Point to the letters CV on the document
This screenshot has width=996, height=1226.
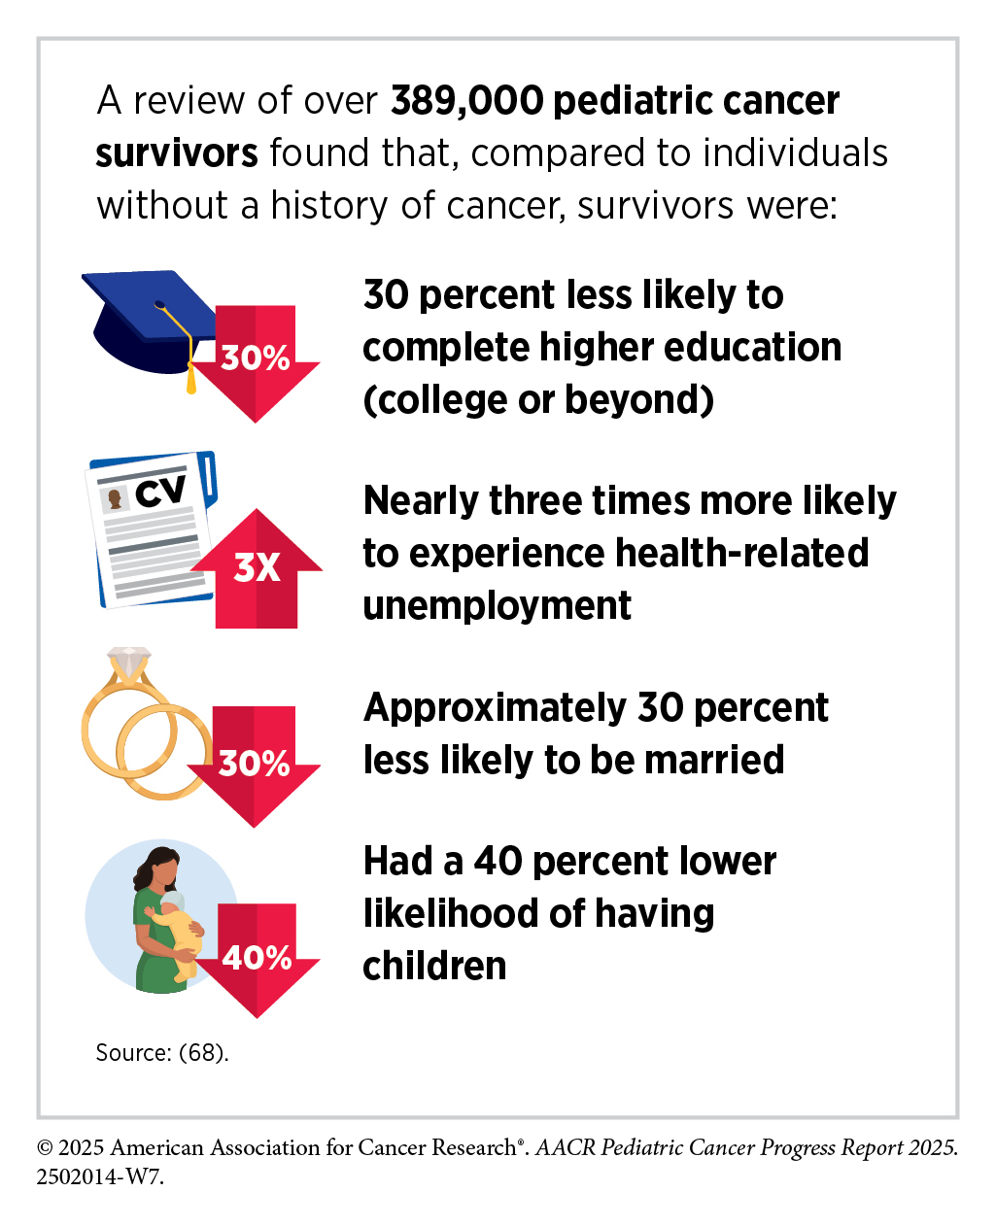click(159, 491)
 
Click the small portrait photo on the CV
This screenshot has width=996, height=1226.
click(117, 498)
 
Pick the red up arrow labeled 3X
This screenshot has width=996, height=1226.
click(257, 568)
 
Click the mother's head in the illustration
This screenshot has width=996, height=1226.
click(162, 867)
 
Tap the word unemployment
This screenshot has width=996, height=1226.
click(497, 605)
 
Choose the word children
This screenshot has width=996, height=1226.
click(434, 966)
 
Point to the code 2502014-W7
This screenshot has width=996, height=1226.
click(100, 1176)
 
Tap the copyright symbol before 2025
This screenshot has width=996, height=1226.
click(46, 1148)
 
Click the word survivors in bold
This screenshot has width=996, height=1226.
click(177, 153)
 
